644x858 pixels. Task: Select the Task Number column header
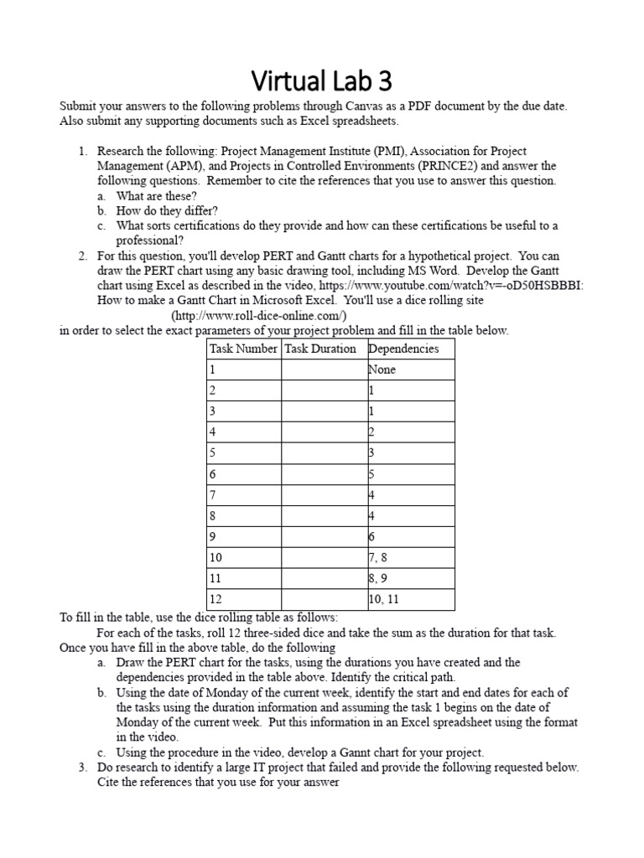tap(243, 349)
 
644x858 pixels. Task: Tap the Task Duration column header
tap(321, 349)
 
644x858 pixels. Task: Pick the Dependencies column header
tap(403, 349)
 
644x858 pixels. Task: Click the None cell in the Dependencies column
tap(382, 370)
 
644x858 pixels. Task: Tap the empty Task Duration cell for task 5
tap(323, 453)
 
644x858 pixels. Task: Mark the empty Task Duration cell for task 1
tap(323, 370)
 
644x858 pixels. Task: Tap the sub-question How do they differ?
tap(168, 211)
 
